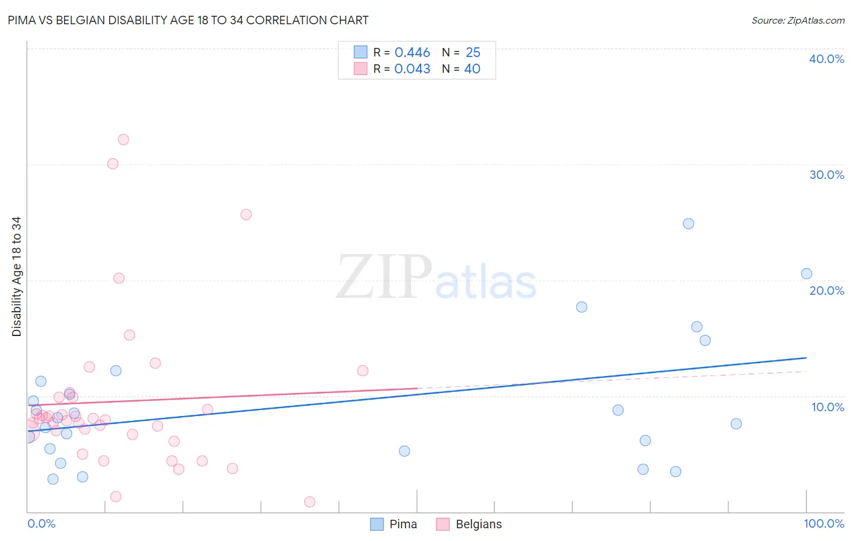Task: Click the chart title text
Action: pyautogui.click(x=188, y=20)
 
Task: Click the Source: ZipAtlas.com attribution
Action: pyautogui.click(x=797, y=21)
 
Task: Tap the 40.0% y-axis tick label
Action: pyautogui.click(x=827, y=59)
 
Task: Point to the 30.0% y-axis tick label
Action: pyautogui.click(x=827, y=175)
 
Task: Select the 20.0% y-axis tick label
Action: pyautogui.click(x=827, y=291)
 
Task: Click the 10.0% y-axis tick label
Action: pyautogui.click(x=828, y=407)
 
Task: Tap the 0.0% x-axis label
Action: pyautogui.click(x=41, y=523)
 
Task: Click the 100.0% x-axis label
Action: pyautogui.click(x=824, y=523)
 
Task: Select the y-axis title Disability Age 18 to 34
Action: pyautogui.click(x=16, y=277)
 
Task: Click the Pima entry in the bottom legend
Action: pyautogui.click(x=402, y=524)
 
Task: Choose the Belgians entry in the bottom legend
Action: pyautogui.click(x=478, y=524)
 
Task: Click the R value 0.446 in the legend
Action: pyautogui.click(x=412, y=53)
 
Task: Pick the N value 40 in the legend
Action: pyautogui.click(x=472, y=69)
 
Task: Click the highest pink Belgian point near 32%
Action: pyautogui.click(x=123, y=139)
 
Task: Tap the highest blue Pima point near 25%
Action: pyautogui.click(x=688, y=224)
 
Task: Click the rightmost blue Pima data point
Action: pyautogui.click(x=807, y=274)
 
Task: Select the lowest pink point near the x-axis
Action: pyautogui.click(x=310, y=502)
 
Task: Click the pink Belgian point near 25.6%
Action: pyautogui.click(x=246, y=214)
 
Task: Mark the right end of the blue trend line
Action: pyautogui.click(x=807, y=358)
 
